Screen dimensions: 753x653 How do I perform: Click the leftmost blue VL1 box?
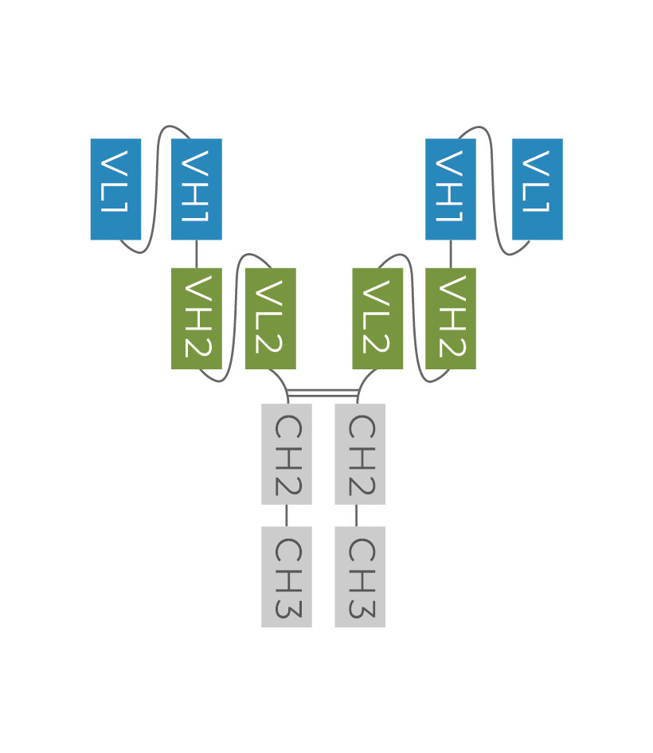(x=115, y=189)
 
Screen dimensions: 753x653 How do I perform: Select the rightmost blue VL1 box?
(x=538, y=189)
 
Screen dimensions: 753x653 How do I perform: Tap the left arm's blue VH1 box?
(x=197, y=189)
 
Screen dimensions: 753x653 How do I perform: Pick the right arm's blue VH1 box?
(x=451, y=189)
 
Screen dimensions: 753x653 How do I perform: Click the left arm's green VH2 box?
(x=197, y=318)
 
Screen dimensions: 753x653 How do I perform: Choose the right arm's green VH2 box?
(x=451, y=318)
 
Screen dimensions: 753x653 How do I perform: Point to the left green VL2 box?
(x=271, y=318)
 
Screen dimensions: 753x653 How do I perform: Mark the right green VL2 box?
(x=377, y=318)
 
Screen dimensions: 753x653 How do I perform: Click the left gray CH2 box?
(x=287, y=454)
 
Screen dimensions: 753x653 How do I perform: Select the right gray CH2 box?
(x=360, y=454)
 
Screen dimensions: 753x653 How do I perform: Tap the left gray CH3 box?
(x=287, y=577)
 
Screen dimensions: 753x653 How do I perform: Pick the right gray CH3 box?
(x=360, y=577)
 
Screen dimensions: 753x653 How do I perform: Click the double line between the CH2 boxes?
(x=323, y=392)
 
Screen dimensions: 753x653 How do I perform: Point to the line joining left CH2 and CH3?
(x=287, y=515)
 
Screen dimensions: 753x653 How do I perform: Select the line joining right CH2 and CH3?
(x=356, y=515)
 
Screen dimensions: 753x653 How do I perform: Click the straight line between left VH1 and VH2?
(x=197, y=254)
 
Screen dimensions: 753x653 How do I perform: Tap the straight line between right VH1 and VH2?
(x=451, y=254)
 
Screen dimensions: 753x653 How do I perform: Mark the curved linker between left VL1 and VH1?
(x=157, y=191)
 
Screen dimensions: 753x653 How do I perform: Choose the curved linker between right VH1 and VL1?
(x=495, y=191)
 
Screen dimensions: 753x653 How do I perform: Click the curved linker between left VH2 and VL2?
(x=235, y=318)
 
